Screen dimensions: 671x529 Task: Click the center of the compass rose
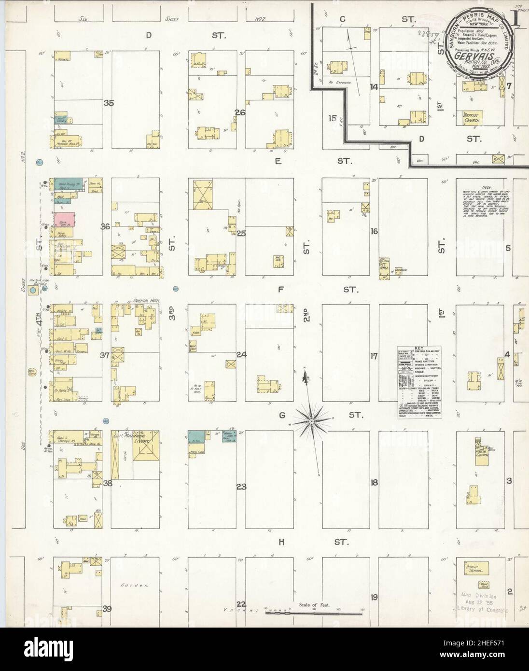tap(312, 421)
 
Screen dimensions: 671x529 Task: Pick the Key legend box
tap(420, 382)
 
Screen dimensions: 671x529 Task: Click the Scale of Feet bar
tap(313, 612)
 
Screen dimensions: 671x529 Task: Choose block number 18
tap(374, 483)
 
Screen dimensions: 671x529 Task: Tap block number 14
tap(374, 87)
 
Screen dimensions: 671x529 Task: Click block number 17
tap(374, 357)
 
